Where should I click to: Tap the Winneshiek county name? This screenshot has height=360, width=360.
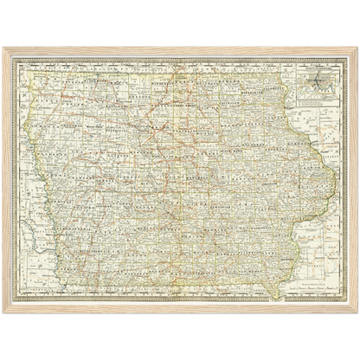[x=251, y=81]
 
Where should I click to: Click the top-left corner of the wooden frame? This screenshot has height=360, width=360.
[x=3, y=47]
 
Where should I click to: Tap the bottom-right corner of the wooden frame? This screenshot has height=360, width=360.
[x=357, y=313]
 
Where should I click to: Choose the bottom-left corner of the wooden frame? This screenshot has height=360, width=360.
[x=3, y=313]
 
